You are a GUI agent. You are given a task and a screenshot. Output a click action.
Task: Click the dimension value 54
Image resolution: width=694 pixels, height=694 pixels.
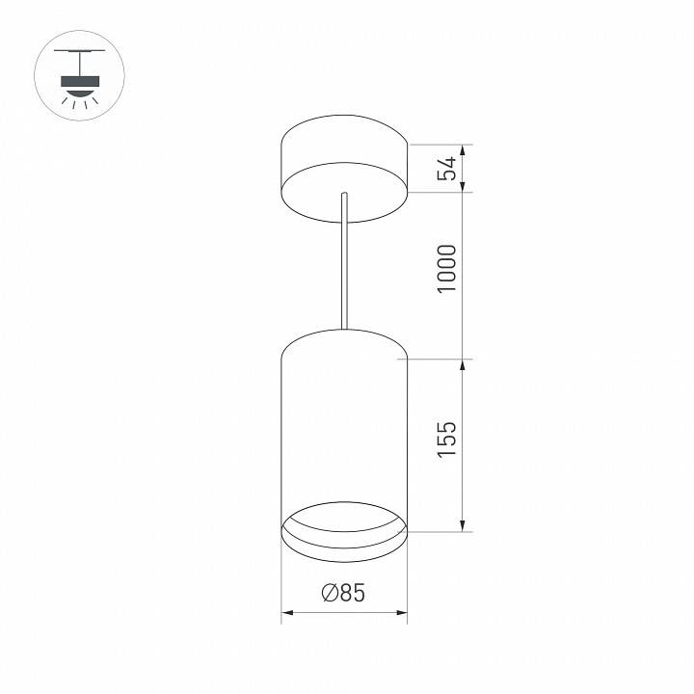(x=446, y=168)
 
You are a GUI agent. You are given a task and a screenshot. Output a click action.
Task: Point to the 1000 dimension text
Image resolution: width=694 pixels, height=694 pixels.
(x=446, y=270)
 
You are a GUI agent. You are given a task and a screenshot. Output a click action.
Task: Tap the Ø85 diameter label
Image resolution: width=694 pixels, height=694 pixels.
(x=343, y=594)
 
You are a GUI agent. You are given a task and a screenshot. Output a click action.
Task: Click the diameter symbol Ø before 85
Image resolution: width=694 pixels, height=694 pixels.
(x=328, y=594)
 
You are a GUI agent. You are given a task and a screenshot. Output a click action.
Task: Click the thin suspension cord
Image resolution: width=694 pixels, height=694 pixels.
(x=343, y=270)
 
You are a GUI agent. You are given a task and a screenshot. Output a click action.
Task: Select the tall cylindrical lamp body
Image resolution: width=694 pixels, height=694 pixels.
(x=343, y=424)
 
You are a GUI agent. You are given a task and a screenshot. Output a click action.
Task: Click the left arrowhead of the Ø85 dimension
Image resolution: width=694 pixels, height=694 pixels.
(x=285, y=612)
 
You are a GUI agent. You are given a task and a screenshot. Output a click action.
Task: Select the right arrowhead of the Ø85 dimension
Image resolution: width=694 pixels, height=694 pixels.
(x=402, y=612)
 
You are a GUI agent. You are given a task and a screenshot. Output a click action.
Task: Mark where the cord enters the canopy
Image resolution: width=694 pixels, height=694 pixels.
(x=343, y=196)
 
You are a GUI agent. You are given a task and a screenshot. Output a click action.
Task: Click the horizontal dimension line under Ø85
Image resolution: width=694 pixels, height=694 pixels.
(x=343, y=612)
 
